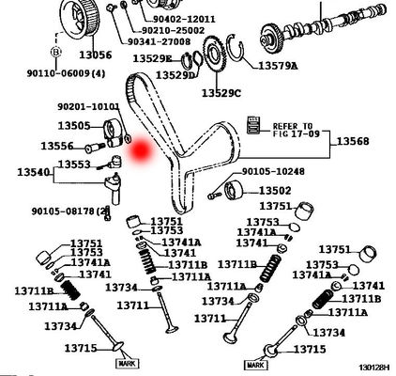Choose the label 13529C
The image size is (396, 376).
click(220, 92)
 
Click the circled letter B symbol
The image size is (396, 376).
click(56, 51)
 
